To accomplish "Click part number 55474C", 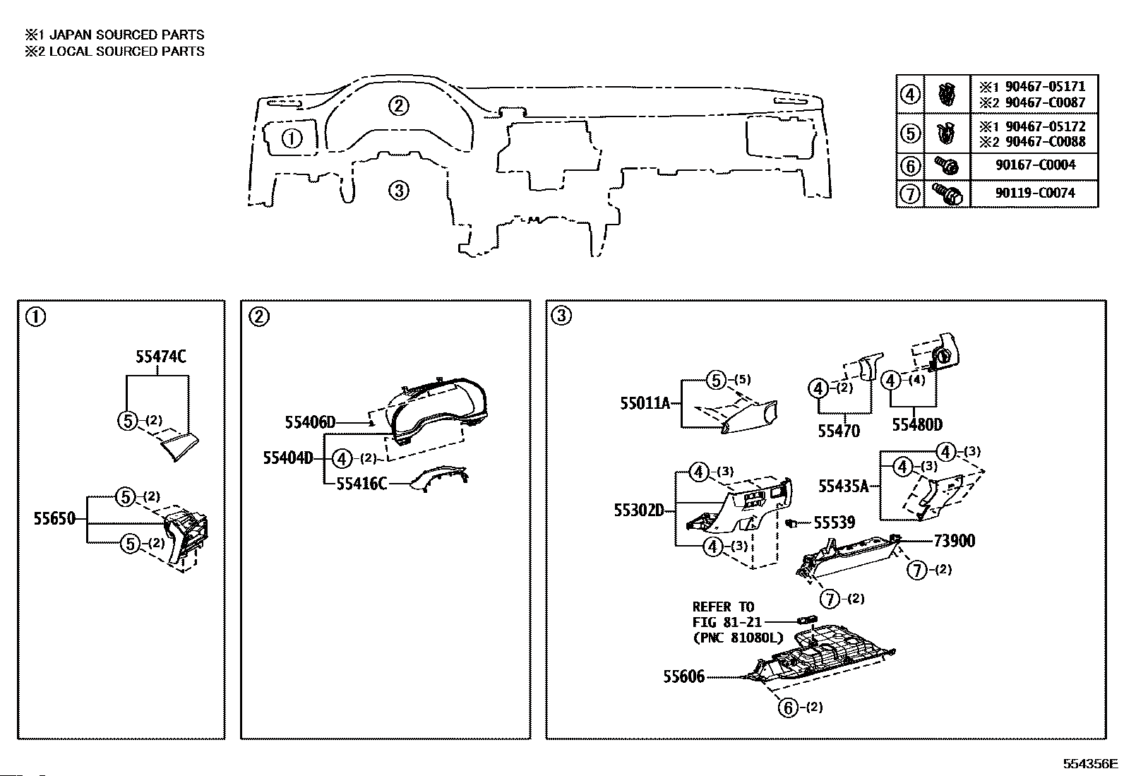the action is point(160,357).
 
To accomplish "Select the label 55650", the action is point(54,518).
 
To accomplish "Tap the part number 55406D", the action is point(310,423).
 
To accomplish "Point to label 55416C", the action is point(361,484).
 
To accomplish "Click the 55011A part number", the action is point(645,403).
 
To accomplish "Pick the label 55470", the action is point(839,431).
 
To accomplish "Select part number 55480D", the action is point(917,424).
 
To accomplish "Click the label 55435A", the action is point(844,486).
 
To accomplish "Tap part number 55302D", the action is point(639,511).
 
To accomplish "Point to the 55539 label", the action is point(834,523).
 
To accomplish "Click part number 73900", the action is point(955,541).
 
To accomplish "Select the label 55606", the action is point(684,676).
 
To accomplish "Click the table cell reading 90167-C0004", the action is point(1036,165).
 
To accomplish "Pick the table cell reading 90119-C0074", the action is point(1036,193).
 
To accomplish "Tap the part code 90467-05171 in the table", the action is point(1045,86).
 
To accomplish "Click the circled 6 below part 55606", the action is point(788,708).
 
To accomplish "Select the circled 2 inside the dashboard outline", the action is point(399,106).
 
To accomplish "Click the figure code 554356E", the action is point(1090,764).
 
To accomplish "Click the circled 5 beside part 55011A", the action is point(716,381).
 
